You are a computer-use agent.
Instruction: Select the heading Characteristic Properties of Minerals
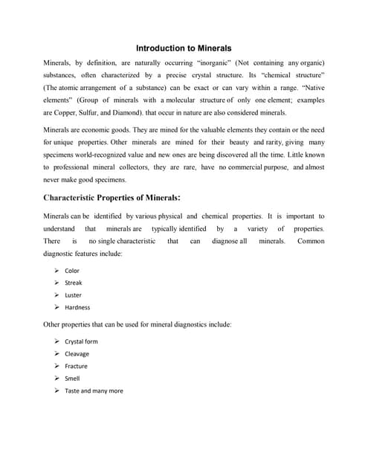click(112, 198)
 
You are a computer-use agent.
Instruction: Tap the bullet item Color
click(72, 271)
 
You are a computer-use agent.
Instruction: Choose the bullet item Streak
click(74, 283)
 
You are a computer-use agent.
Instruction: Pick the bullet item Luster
click(74, 295)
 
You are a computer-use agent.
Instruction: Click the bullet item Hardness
click(77, 307)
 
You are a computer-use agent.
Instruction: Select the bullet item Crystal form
click(81, 341)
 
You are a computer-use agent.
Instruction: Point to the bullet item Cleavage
click(77, 354)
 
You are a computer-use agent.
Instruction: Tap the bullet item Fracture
click(76, 366)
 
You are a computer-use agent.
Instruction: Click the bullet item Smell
click(72, 379)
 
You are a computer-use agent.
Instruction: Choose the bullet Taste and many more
click(94, 390)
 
